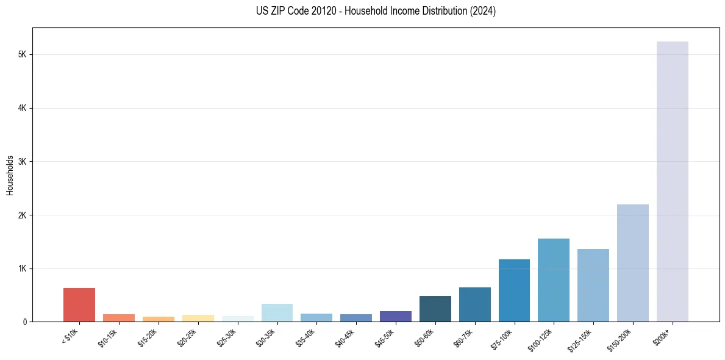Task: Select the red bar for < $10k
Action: click(79, 305)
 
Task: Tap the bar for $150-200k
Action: click(632, 263)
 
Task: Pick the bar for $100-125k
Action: click(554, 280)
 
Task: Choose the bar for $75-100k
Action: click(514, 290)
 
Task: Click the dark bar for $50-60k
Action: click(435, 309)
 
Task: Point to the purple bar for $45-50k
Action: click(396, 317)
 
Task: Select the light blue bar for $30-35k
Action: click(277, 313)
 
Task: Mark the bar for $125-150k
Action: click(593, 286)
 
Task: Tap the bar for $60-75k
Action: click(474, 304)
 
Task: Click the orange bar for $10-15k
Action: click(119, 318)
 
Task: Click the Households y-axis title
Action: click(10, 175)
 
